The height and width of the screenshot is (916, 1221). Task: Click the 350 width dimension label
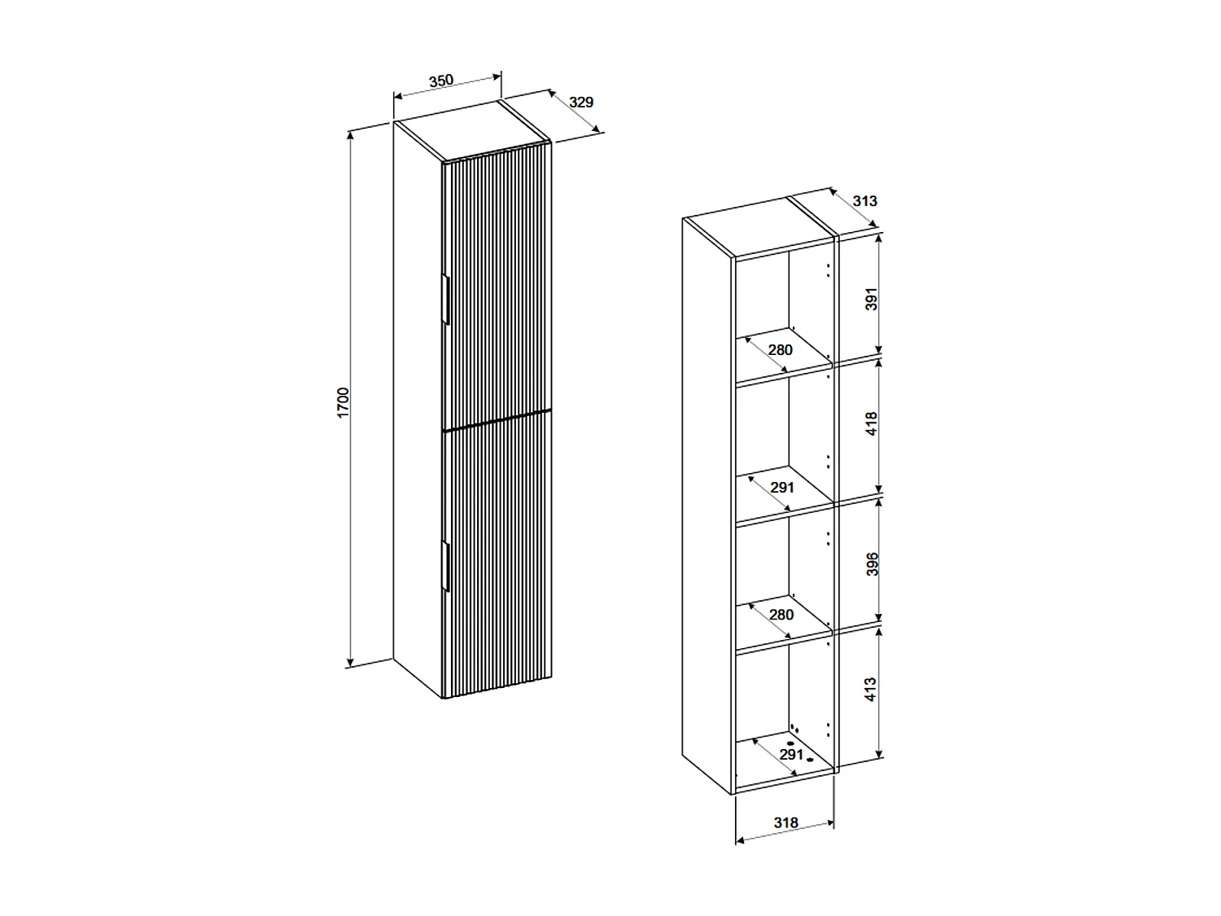(x=440, y=81)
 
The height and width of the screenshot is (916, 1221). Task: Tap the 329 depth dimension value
(x=581, y=103)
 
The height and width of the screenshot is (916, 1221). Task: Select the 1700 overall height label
(x=344, y=403)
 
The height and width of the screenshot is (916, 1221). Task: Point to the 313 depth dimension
(x=865, y=201)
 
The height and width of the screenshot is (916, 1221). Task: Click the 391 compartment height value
(x=872, y=299)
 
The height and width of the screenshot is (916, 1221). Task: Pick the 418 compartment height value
(x=872, y=424)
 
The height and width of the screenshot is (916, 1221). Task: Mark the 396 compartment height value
(x=872, y=563)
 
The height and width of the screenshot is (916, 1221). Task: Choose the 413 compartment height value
(x=872, y=690)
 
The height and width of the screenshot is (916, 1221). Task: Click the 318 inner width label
(x=786, y=823)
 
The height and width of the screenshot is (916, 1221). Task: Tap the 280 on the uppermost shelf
(x=780, y=350)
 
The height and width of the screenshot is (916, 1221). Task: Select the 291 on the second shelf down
(x=781, y=488)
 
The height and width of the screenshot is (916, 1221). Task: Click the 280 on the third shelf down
(x=781, y=615)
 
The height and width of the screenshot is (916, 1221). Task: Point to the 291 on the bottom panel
(x=791, y=755)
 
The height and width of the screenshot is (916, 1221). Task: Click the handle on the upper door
(x=446, y=300)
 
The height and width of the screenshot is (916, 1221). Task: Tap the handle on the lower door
(x=446, y=565)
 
